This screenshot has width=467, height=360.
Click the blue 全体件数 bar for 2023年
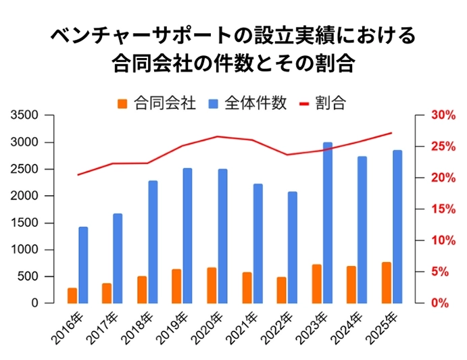coord(327,223)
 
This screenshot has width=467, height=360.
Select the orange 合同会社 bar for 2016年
coord(72,296)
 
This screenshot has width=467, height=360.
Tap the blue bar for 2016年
coord(83,265)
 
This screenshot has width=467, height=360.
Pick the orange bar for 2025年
coord(386,283)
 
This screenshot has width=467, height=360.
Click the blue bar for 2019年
coord(188,236)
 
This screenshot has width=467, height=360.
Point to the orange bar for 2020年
coord(212,286)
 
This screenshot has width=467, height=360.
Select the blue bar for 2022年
coord(292,248)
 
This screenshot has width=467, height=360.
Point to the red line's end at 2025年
coord(392,132)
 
